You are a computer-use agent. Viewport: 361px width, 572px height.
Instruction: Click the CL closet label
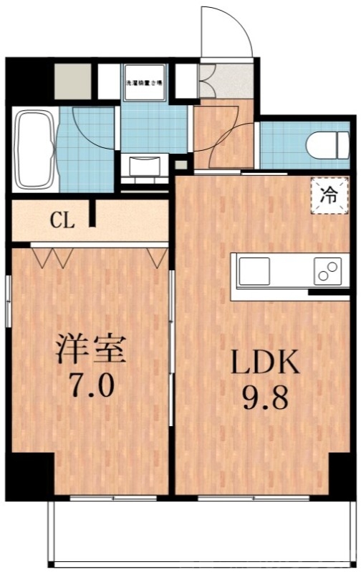62,221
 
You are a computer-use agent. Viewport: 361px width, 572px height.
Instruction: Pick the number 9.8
264,398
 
